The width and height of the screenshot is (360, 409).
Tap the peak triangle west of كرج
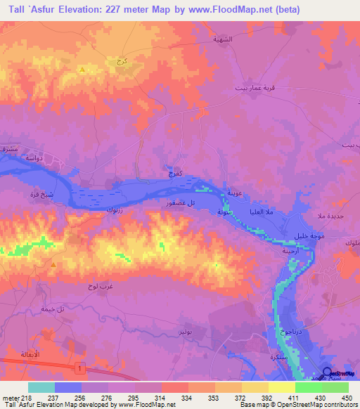click(83, 69)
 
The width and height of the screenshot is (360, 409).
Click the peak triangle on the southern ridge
click(53, 264)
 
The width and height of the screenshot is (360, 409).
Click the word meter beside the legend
click(10, 397)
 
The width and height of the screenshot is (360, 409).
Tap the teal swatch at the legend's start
click(41, 387)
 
